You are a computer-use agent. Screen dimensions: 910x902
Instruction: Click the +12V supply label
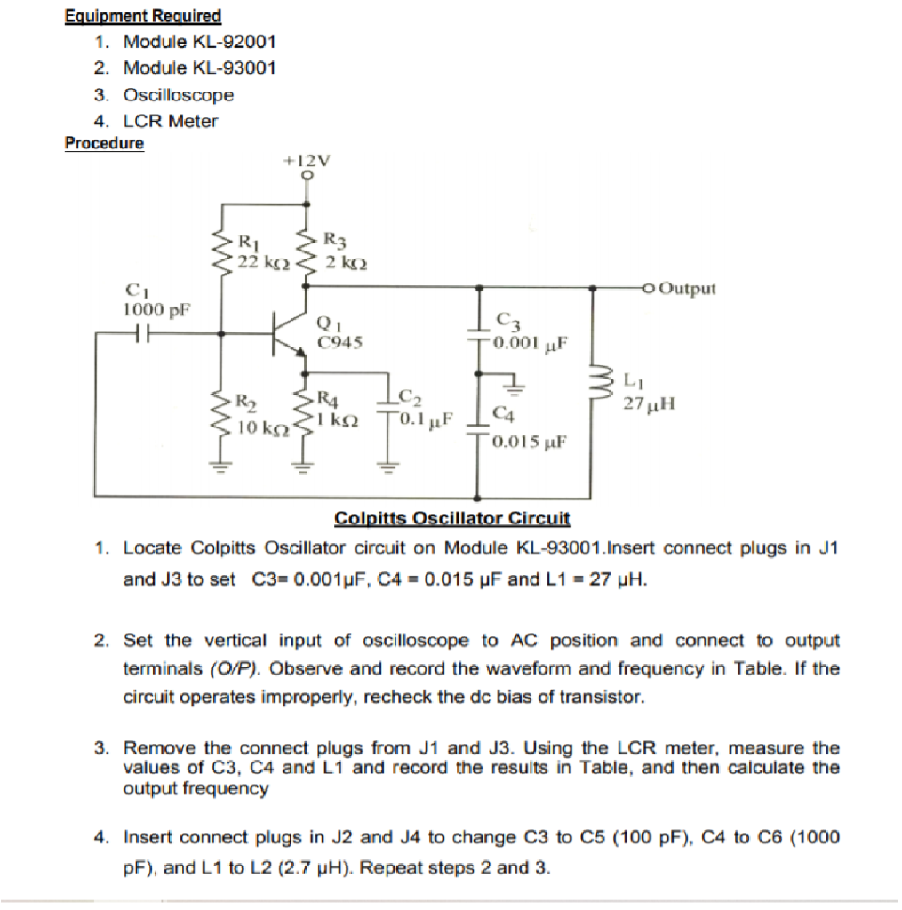[306, 161]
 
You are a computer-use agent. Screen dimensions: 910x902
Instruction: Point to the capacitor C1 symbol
[140, 335]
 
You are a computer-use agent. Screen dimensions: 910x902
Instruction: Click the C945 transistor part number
[339, 339]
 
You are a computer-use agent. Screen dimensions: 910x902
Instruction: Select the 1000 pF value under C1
[157, 310]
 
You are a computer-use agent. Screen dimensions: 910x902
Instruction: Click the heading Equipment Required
[143, 16]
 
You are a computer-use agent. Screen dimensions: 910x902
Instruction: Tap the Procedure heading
[104, 143]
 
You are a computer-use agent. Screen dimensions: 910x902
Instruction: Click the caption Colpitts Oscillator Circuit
[451, 518]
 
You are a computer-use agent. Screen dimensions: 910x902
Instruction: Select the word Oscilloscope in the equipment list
[179, 94]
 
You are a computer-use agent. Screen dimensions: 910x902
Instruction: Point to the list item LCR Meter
[171, 121]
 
